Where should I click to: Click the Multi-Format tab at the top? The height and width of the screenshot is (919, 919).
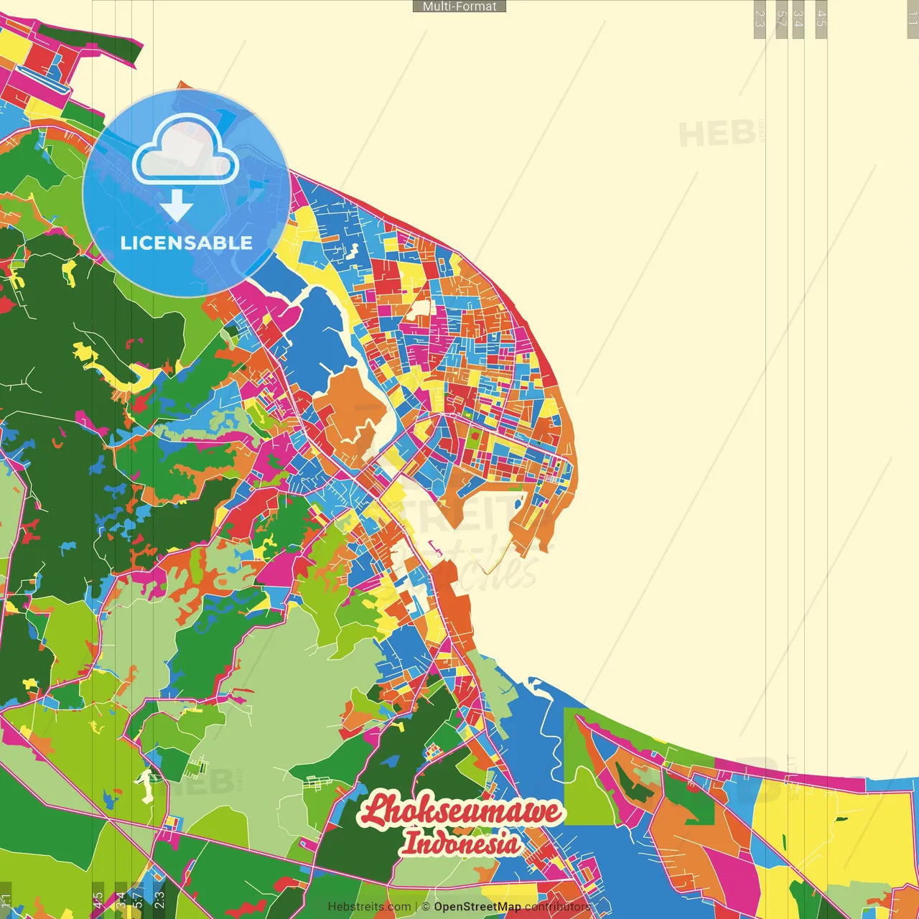pyautogui.click(x=459, y=6)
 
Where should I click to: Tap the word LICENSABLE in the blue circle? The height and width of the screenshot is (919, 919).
pyautogui.click(x=187, y=243)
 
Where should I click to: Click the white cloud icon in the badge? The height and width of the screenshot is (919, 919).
pyautogui.click(x=185, y=151)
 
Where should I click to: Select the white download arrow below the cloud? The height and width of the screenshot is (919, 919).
pyautogui.click(x=177, y=206)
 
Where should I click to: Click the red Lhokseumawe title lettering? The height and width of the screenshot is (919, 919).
pyautogui.click(x=461, y=811)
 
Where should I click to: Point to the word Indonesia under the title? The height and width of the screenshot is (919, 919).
pyautogui.click(x=461, y=843)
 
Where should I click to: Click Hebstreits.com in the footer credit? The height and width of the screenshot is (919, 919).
pyautogui.click(x=369, y=907)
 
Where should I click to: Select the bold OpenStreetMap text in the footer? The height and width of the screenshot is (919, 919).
pyautogui.click(x=477, y=907)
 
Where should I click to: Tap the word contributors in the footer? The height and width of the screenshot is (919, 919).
pyautogui.click(x=557, y=907)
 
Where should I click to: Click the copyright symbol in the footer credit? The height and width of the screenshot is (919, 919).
pyautogui.click(x=426, y=907)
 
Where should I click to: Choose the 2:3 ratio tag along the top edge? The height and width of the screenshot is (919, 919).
pyautogui.click(x=760, y=19)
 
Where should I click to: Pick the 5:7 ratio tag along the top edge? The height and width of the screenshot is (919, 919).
pyautogui.click(x=782, y=19)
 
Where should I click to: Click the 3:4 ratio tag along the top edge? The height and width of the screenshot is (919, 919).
pyautogui.click(x=798, y=19)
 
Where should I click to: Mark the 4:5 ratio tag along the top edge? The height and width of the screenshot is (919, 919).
pyautogui.click(x=821, y=19)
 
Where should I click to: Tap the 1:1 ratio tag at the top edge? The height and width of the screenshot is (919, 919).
pyautogui.click(x=912, y=19)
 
